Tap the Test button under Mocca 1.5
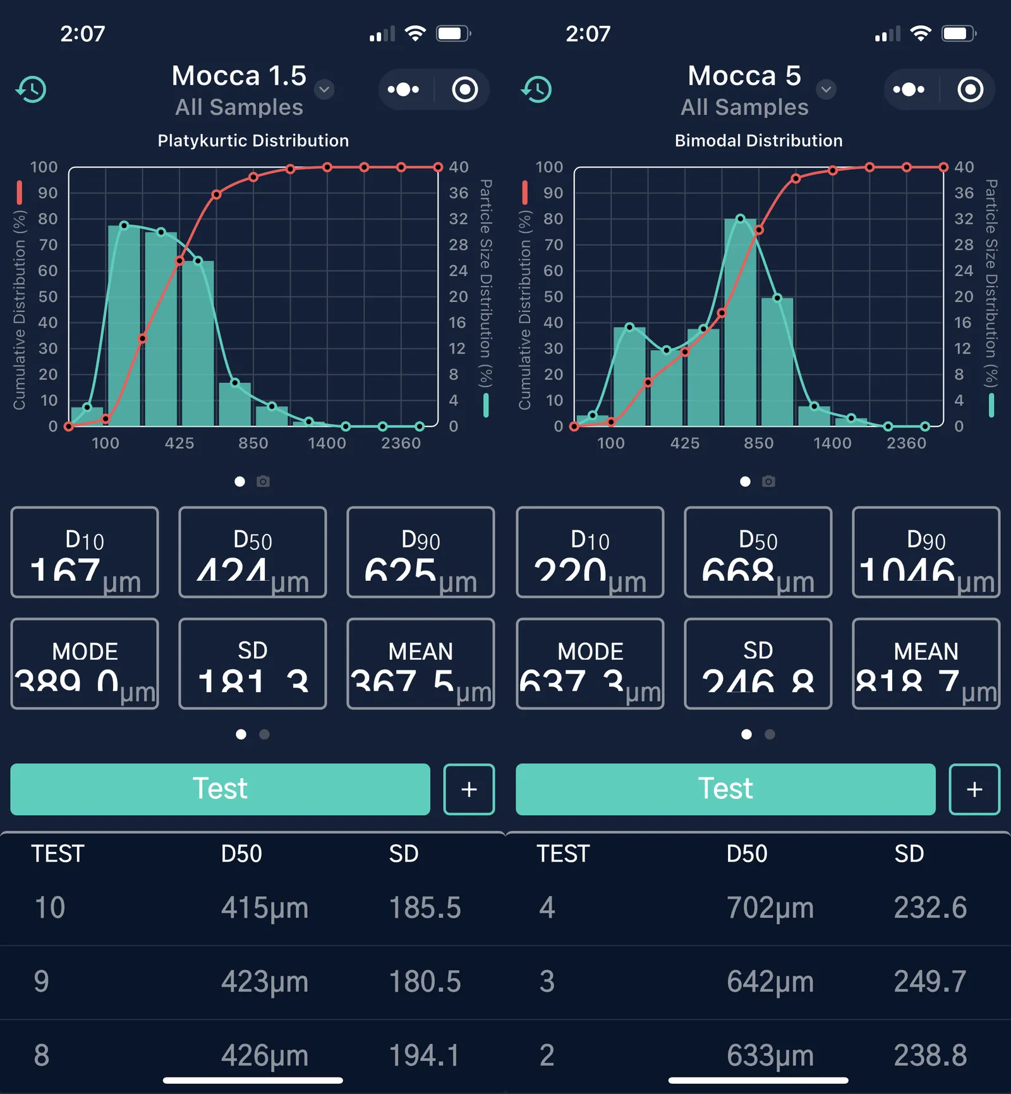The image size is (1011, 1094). (x=220, y=789)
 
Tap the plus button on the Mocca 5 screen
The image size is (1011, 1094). (x=974, y=789)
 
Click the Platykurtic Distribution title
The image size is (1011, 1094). (x=253, y=140)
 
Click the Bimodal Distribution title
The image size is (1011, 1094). (x=758, y=140)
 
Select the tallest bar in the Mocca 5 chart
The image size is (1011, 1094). (x=740, y=322)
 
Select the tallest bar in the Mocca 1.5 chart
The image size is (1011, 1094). (x=124, y=325)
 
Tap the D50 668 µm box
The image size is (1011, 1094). (x=758, y=552)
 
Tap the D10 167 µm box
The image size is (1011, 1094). (x=85, y=552)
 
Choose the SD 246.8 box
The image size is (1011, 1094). (x=758, y=664)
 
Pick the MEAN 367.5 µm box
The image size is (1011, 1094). (x=420, y=664)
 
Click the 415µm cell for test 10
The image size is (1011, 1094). (x=264, y=908)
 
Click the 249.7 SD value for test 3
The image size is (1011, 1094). (x=929, y=982)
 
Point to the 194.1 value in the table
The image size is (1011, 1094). (x=424, y=1055)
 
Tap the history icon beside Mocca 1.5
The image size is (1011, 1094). (x=31, y=89)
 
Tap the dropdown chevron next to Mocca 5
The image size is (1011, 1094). (x=826, y=89)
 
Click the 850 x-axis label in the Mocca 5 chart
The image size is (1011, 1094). (x=758, y=443)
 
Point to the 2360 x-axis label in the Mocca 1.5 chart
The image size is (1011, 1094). (x=401, y=443)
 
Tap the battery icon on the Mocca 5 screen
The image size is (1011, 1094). (x=959, y=33)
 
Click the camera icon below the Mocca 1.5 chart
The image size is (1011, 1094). (x=263, y=482)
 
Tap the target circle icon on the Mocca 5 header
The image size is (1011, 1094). (x=970, y=89)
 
